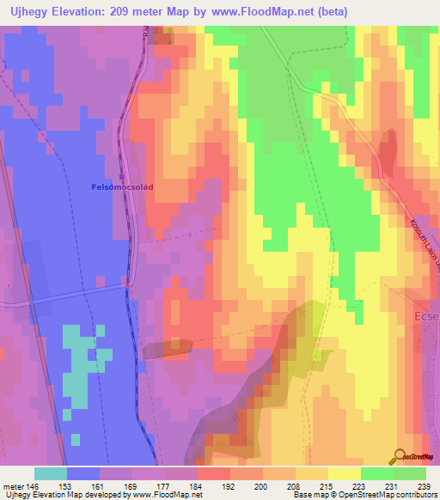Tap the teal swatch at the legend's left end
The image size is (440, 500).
coord(51,473)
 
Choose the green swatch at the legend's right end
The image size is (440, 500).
coord(409,473)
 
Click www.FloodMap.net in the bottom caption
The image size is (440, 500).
coord(168,495)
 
